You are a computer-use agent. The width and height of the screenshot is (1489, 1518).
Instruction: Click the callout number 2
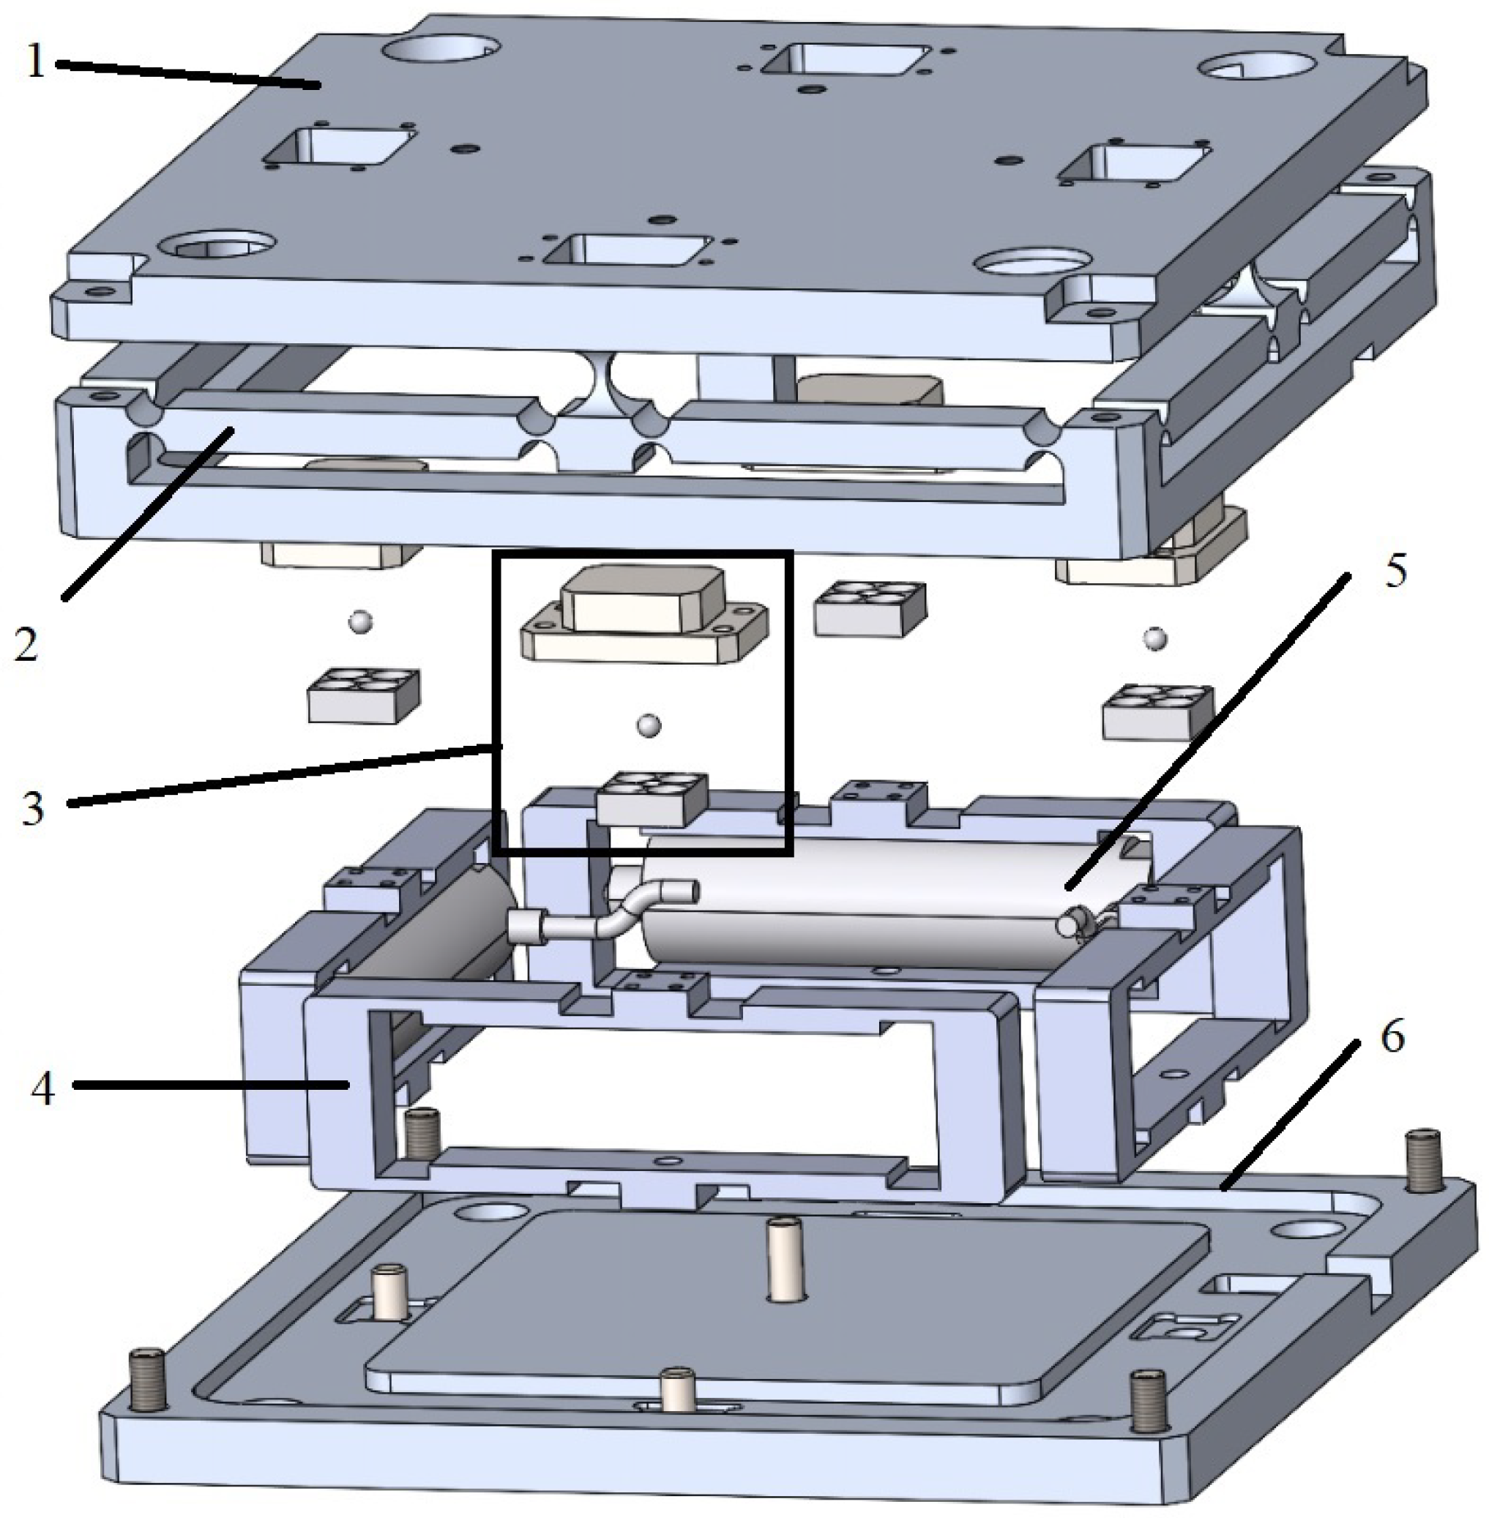coord(26,646)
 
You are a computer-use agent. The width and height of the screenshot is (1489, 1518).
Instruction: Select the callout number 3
coord(32,809)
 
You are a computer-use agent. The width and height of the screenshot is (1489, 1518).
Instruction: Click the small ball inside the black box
coord(648,725)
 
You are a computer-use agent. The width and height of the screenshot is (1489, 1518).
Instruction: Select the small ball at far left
coord(359,621)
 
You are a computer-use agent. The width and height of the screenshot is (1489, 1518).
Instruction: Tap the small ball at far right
coord(1155,638)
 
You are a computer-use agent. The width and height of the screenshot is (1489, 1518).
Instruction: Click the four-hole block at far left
coord(364,695)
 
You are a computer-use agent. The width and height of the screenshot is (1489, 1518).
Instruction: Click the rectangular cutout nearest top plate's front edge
coord(630,251)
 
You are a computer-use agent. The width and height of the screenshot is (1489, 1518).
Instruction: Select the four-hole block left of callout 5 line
coord(870,607)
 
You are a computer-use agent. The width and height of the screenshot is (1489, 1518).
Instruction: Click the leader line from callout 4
coord(211,1084)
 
